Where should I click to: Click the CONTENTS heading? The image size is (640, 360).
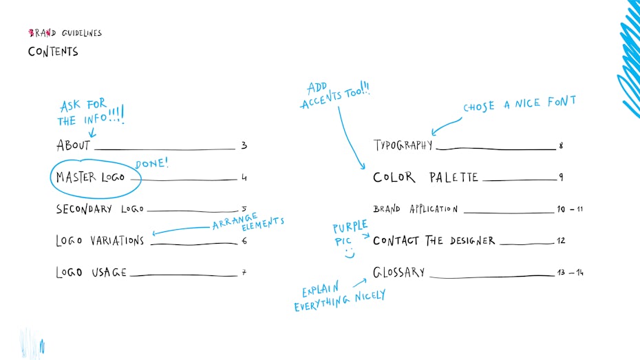[53, 52]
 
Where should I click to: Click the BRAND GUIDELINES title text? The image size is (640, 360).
[65, 33]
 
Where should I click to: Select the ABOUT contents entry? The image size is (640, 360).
[73, 145]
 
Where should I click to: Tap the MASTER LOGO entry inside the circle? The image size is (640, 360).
[90, 177]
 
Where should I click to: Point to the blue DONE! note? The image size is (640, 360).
[151, 164]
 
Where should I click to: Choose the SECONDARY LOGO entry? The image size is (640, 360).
[100, 209]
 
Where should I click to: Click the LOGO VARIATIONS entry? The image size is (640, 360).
[100, 240]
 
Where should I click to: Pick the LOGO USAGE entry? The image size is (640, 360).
[91, 273]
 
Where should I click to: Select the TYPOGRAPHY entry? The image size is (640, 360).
[403, 145]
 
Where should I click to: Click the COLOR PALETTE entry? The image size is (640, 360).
[425, 177]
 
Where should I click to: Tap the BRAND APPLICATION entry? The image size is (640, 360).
[416, 209]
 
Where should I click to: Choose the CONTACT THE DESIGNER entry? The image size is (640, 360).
[434, 240]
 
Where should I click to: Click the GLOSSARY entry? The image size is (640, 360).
[398, 272]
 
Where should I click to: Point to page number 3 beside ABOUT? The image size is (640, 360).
[244, 145]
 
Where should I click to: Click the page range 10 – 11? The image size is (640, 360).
[570, 209]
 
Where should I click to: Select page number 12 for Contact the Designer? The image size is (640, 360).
[561, 240]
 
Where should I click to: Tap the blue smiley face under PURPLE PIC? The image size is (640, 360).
[350, 253]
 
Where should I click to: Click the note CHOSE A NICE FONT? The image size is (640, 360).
[520, 104]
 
